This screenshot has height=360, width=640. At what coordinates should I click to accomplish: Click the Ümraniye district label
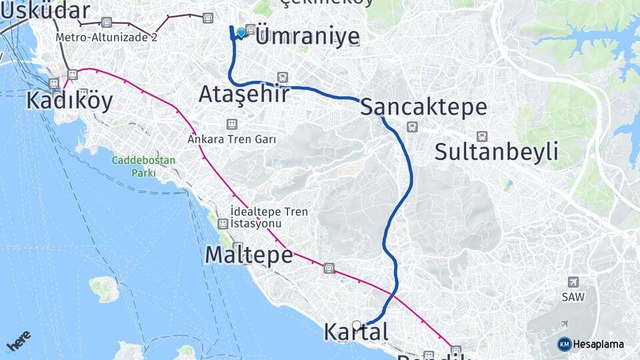point(307,37)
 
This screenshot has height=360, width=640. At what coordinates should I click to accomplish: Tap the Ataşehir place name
point(244,94)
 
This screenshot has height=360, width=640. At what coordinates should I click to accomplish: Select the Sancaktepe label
point(423,107)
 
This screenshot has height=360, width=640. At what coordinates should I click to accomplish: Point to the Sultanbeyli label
point(496,152)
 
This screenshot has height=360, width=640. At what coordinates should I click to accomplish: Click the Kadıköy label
point(69,101)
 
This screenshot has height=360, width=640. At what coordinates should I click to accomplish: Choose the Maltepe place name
point(249,255)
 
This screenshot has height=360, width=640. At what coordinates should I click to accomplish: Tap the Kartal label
point(355,331)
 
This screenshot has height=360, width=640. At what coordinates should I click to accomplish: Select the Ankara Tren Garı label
point(231,139)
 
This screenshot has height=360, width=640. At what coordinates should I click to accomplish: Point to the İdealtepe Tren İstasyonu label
point(269,217)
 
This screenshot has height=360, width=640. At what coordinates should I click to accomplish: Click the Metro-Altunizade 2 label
point(107,37)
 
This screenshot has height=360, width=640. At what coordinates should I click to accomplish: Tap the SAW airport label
point(573,297)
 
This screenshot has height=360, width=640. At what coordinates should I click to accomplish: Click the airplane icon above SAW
point(573,282)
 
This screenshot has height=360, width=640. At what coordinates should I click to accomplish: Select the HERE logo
point(19,341)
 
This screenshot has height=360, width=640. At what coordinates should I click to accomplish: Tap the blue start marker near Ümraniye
point(241,31)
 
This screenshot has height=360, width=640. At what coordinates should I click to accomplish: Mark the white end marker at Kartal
point(357,325)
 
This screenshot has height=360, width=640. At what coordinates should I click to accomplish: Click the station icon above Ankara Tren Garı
point(231,124)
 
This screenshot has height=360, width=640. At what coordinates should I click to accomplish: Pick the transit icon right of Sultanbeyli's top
point(482,136)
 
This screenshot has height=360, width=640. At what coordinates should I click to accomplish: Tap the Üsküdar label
point(45,11)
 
